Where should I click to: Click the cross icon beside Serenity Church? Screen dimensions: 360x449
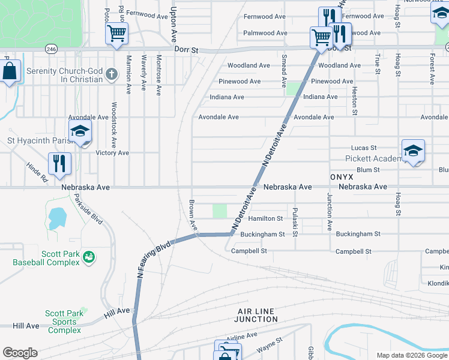click(x=110, y=74)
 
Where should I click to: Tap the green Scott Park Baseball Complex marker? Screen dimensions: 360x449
click(x=89, y=257)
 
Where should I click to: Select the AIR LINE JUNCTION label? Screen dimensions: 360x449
click(x=257, y=315)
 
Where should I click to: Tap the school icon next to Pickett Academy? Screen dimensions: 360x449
click(x=413, y=152)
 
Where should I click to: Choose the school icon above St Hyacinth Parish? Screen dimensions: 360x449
click(x=80, y=132)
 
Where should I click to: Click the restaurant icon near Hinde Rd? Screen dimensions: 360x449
click(x=59, y=163)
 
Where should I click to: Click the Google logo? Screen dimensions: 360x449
click(x=20, y=353)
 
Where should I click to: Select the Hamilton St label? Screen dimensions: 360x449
click(x=265, y=219)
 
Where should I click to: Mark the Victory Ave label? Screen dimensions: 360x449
click(x=112, y=153)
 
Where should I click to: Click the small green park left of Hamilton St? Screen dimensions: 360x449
click(x=220, y=211)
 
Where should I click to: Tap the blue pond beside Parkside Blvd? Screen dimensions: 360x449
click(x=56, y=218)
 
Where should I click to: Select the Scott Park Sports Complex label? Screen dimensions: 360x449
click(x=64, y=322)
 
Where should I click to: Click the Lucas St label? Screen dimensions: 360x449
click(x=363, y=148)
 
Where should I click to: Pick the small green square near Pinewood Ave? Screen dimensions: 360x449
click(x=292, y=88)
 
